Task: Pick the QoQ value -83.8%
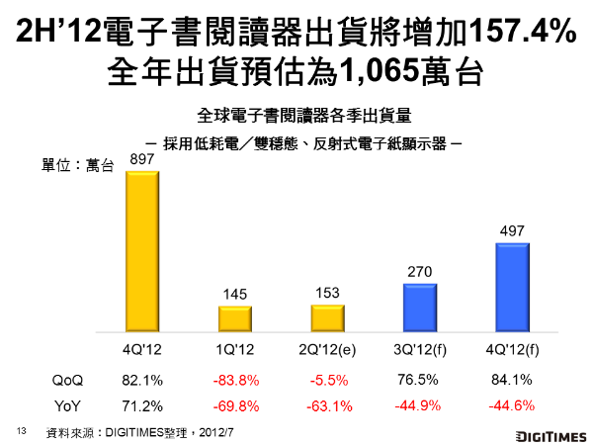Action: pos(239,380)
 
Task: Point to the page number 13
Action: pos(21,431)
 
